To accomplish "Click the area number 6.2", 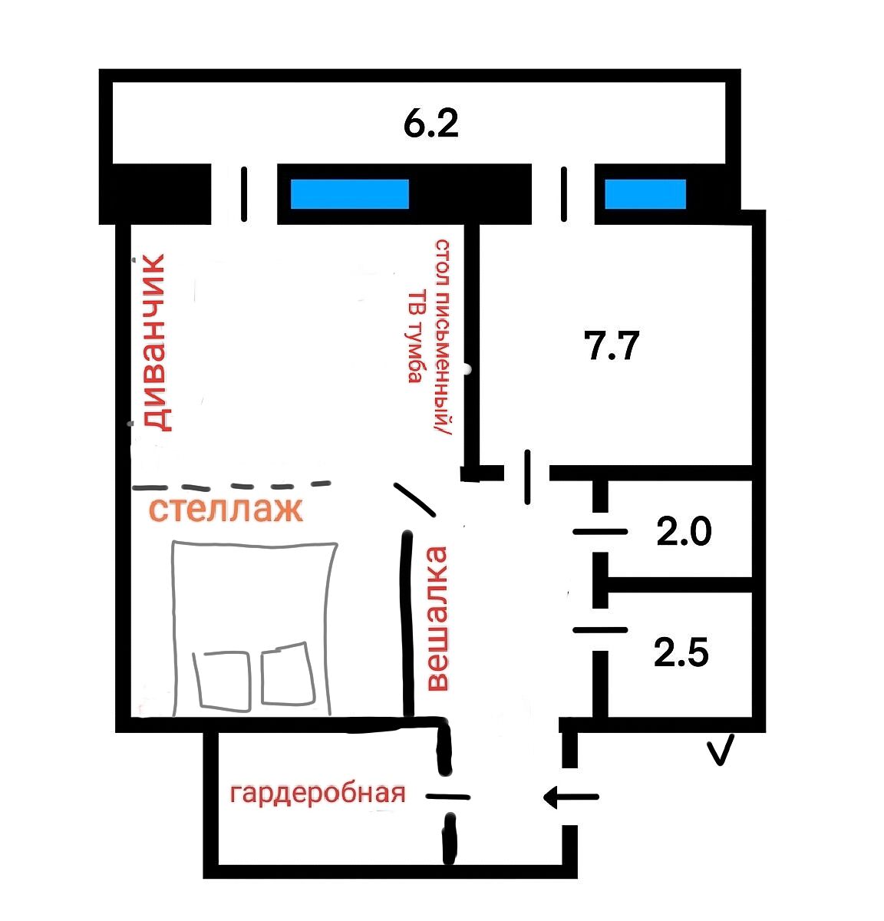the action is (430, 124).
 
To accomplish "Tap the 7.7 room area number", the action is (612, 346).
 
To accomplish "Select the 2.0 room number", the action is (684, 531).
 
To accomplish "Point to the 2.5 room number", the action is (681, 652).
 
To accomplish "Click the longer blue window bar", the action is (350, 194).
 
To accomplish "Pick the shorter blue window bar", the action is (645, 194).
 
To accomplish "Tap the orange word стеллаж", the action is (226, 510).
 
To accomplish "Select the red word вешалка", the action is (437, 619).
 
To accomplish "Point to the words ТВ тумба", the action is (415, 336).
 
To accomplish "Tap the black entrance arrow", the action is (571, 797).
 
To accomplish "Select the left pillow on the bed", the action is (223, 682).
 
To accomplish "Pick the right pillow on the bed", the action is (288, 673).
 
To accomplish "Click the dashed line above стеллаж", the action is (232, 486).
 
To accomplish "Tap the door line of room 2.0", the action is (600, 532).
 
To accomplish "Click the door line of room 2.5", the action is (600, 630).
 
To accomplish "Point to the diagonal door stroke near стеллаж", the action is (414, 500).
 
